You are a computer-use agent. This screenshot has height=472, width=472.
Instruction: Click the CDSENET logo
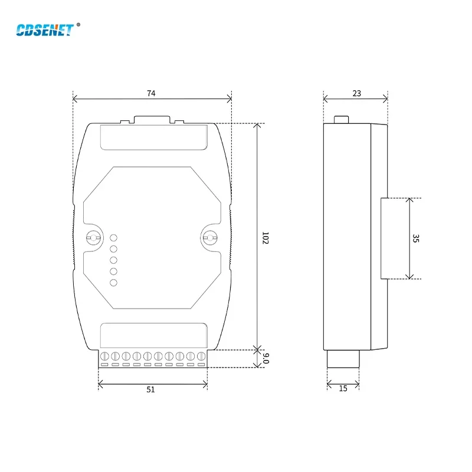tap(44, 30)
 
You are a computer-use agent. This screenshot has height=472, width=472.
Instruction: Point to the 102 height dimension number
tap(265, 238)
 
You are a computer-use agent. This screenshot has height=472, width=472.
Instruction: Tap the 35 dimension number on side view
tap(416, 238)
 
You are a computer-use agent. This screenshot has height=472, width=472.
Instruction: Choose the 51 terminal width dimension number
tap(152, 389)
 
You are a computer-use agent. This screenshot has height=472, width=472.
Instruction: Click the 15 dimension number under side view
tap(343, 389)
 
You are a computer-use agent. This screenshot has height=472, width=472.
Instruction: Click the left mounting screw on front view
tap(92, 238)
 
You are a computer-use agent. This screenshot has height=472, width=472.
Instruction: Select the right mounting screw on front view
tap(209, 238)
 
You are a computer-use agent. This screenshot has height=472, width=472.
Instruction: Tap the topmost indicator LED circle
tap(114, 238)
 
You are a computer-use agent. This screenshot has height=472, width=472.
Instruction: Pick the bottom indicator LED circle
tap(114, 283)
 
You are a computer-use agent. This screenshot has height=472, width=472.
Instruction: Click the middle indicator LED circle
tap(114, 260)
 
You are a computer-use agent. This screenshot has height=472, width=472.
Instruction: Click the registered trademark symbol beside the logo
tap(78, 25)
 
